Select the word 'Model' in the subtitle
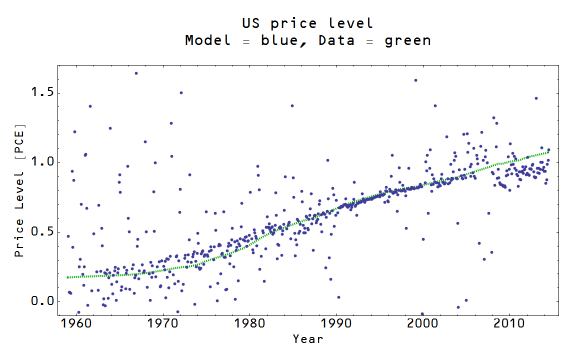pos(208,40)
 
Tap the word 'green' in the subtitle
pos(407,40)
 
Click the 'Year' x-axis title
pos(308,339)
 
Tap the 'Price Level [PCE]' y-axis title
pos(19,190)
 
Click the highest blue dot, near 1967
pos(136,73)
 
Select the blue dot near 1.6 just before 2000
pos(415,80)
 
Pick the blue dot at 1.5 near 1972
pos(181,92)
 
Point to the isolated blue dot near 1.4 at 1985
pos(292,105)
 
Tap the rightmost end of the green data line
pos(548,152)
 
